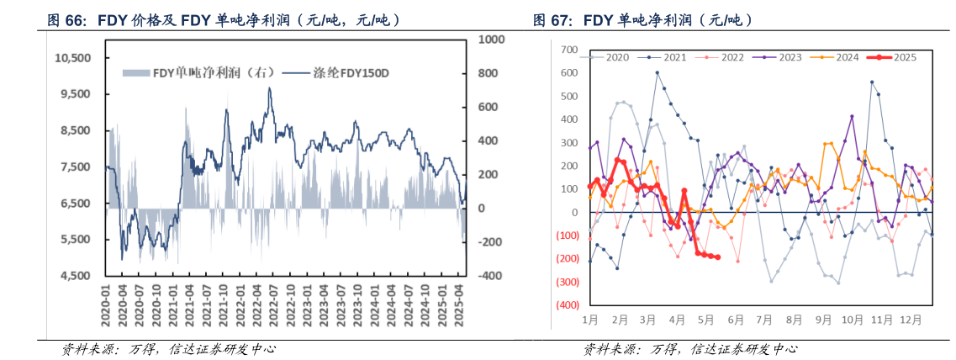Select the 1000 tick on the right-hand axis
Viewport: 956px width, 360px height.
pos(489,40)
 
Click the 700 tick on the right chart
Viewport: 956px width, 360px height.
pos(570,50)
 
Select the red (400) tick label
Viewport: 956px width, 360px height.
pos(568,304)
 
